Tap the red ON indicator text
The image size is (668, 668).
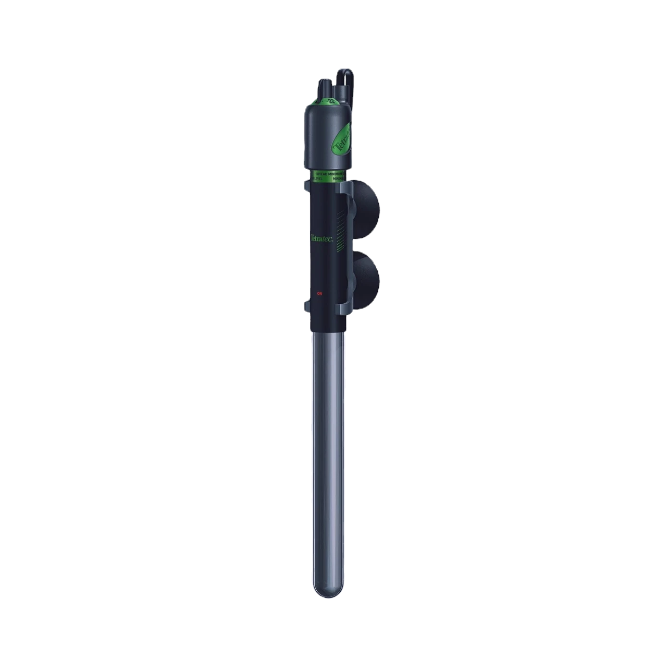[320, 293]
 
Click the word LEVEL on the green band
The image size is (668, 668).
[318, 178]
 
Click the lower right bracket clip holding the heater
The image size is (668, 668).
[348, 308]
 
